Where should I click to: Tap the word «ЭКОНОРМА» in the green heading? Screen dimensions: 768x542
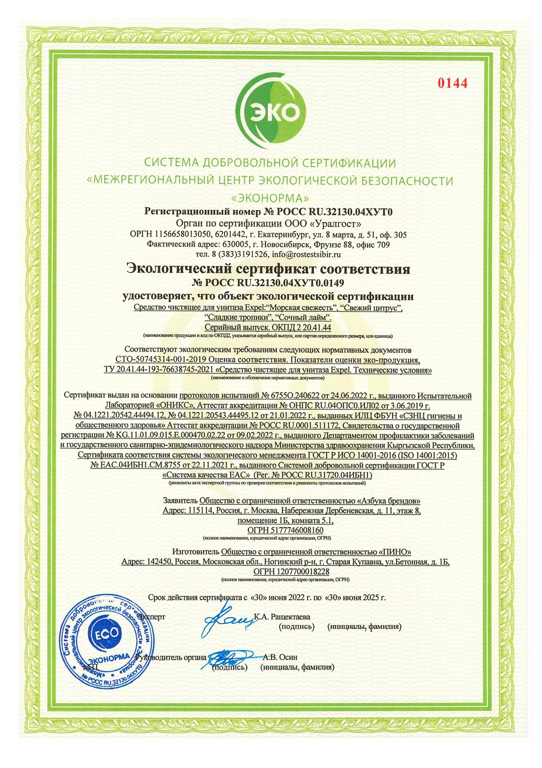(271, 198)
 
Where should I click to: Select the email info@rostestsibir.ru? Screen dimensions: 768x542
(306, 254)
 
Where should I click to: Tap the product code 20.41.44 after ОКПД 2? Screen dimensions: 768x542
(316, 327)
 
